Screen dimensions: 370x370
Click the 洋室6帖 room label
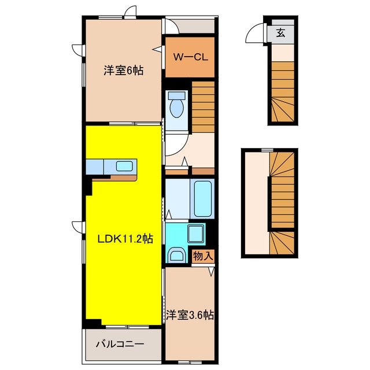(123, 71)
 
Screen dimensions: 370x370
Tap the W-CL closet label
(191, 57)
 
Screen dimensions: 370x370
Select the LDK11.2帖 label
(125, 239)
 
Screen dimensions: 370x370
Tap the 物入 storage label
(203, 256)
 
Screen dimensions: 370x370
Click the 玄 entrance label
(281, 32)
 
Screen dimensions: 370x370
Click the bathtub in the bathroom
(202, 199)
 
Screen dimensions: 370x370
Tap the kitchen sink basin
(124, 166)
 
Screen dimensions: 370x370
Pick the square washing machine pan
(195, 234)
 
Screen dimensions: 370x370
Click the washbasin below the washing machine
(177, 254)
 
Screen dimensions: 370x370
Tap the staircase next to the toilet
(203, 107)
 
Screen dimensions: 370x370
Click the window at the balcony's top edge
(127, 327)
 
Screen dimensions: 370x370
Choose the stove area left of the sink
(95, 167)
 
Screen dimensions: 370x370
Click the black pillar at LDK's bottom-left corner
(92, 323)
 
